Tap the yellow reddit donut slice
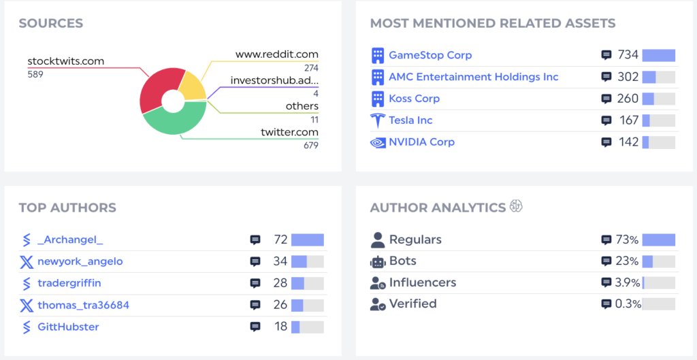[x=191, y=86]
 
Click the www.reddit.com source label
[x=276, y=54]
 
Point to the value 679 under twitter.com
[x=310, y=145]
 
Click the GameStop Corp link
[x=430, y=55]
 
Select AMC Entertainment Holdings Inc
[x=473, y=77]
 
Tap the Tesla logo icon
[x=377, y=120]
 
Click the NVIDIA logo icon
[x=377, y=142]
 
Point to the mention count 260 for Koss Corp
[x=628, y=99]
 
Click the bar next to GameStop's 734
[x=658, y=55]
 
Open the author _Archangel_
[x=70, y=240]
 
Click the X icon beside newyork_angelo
[x=27, y=261]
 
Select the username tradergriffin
[x=69, y=283]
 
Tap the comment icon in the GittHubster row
[x=255, y=327]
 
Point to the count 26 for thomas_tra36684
[x=280, y=305]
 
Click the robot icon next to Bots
[x=378, y=261]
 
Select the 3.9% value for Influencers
[x=628, y=282]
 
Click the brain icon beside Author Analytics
[x=516, y=207]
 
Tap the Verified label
[x=412, y=304]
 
